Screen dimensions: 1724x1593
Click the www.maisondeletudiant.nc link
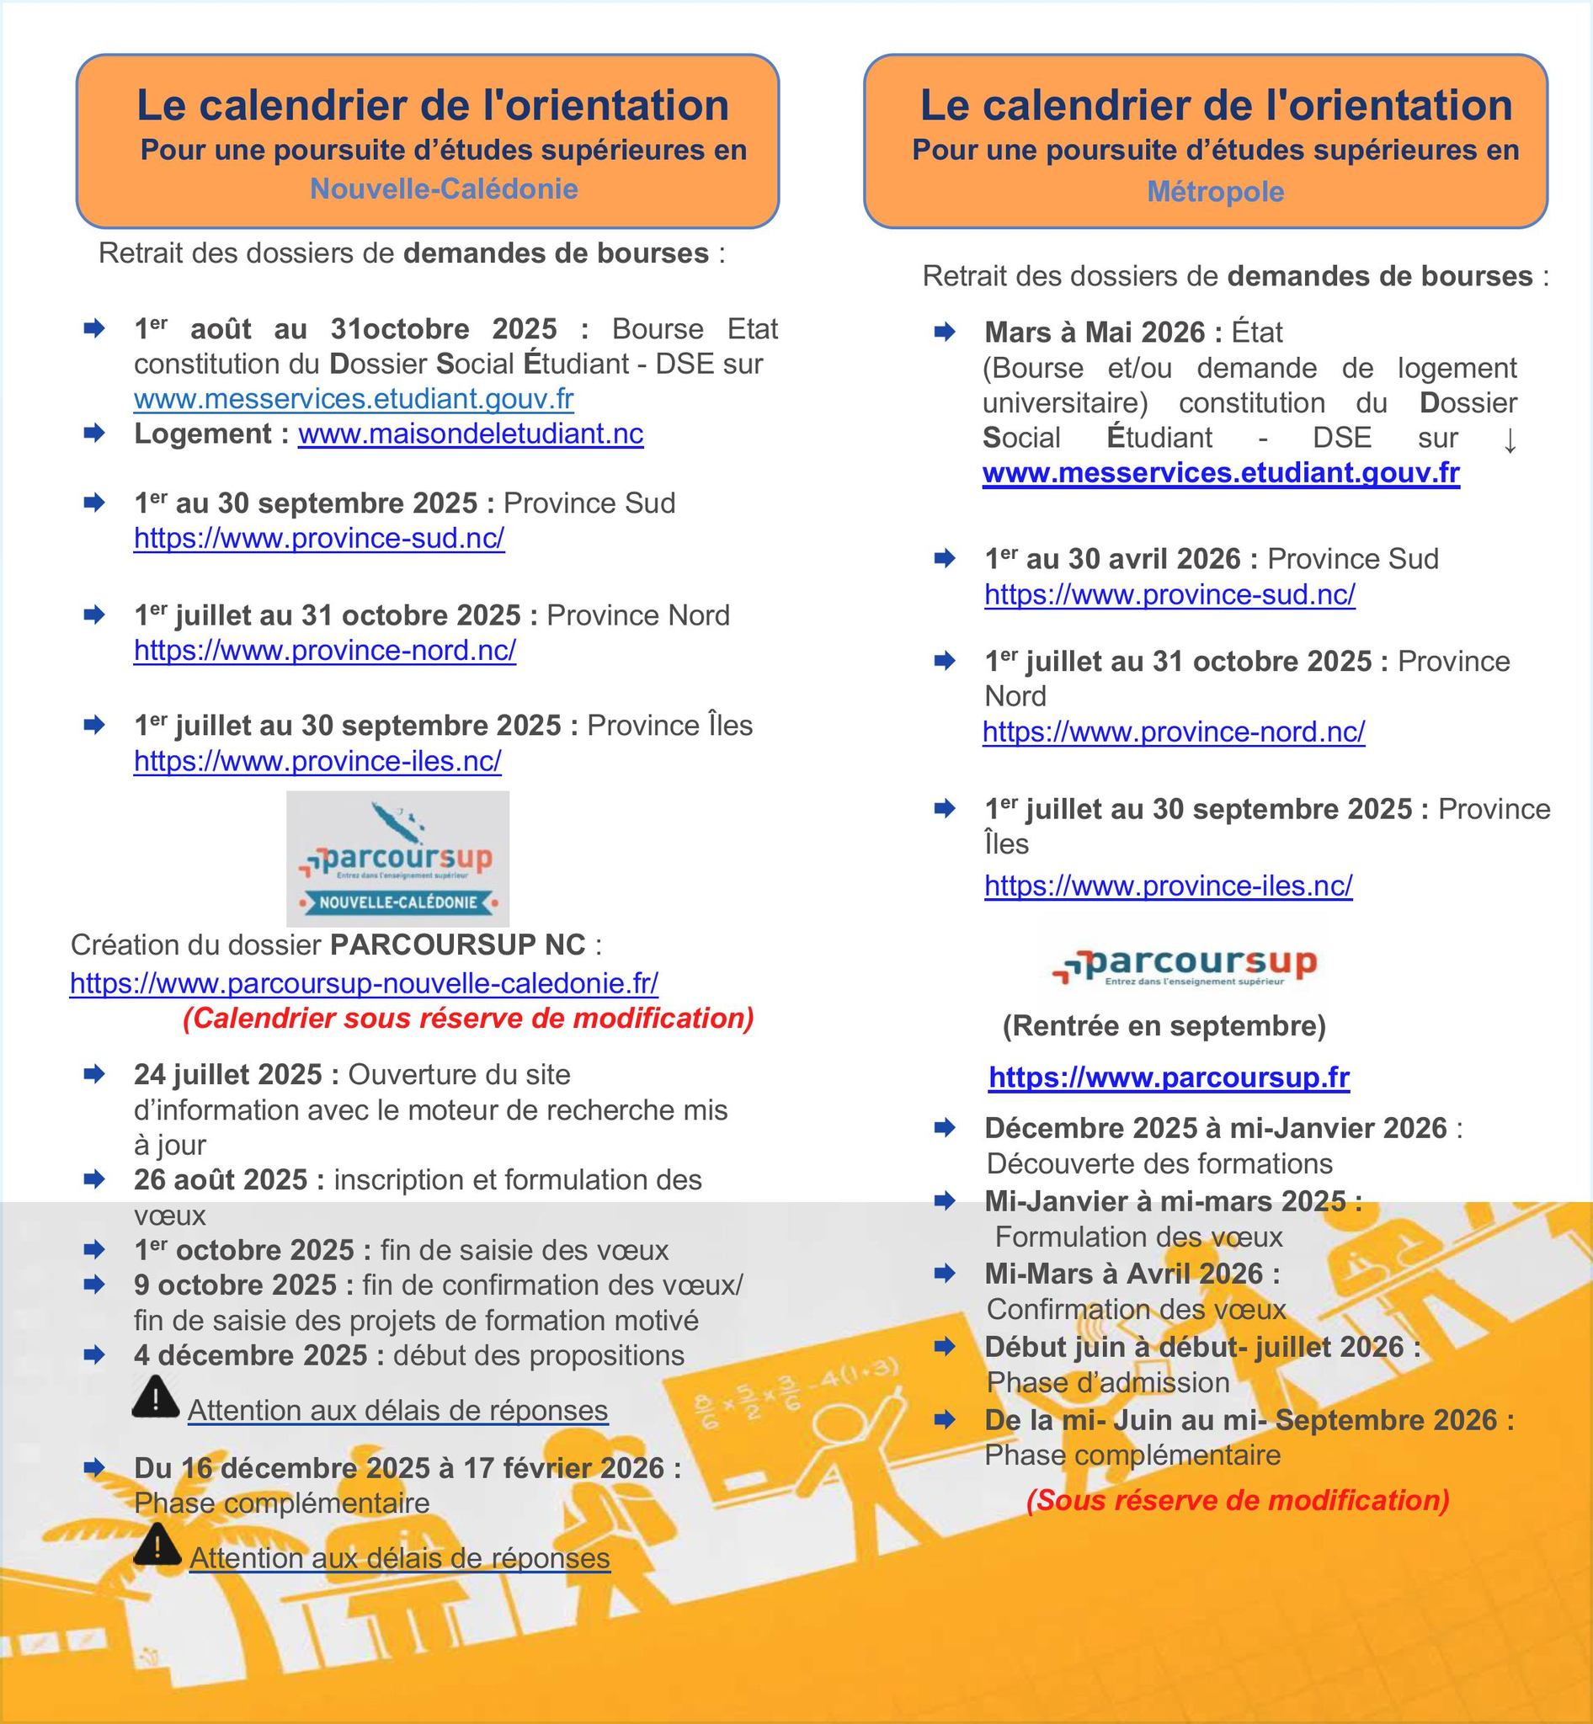pyautogui.click(x=471, y=434)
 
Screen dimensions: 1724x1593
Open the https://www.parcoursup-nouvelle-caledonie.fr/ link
pyautogui.click(x=364, y=982)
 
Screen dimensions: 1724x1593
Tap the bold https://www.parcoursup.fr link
pyautogui.click(x=1169, y=1077)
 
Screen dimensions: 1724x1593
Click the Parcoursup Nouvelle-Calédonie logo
pyautogui.click(x=397, y=859)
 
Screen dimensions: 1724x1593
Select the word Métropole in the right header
pyautogui.click(x=1216, y=191)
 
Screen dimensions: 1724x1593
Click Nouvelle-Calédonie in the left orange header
pyautogui.click(x=444, y=189)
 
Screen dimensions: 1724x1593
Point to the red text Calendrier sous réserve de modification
pyautogui.click(x=468, y=1018)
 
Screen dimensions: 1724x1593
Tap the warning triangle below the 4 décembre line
pyautogui.click(x=156, y=1397)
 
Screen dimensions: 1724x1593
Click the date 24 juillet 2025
pyautogui.click(x=227, y=1075)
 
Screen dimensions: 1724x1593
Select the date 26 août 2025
pyautogui.click(x=220, y=1179)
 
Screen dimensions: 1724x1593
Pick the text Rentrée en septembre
pyautogui.click(x=1164, y=1026)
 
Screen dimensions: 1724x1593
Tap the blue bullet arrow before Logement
pyautogui.click(x=94, y=434)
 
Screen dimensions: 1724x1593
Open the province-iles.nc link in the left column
pyautogui.click(x=317, y=761)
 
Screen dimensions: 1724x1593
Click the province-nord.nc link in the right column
pyautogui.click(x=1173, y=732)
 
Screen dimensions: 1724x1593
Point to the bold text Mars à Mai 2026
pyautogui.click(x=1095, y=332)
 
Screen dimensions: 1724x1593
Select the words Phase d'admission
pyautogui.click(x=1108, y=1382)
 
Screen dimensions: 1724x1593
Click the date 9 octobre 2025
pyautogui.click(x=234, y=1285)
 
